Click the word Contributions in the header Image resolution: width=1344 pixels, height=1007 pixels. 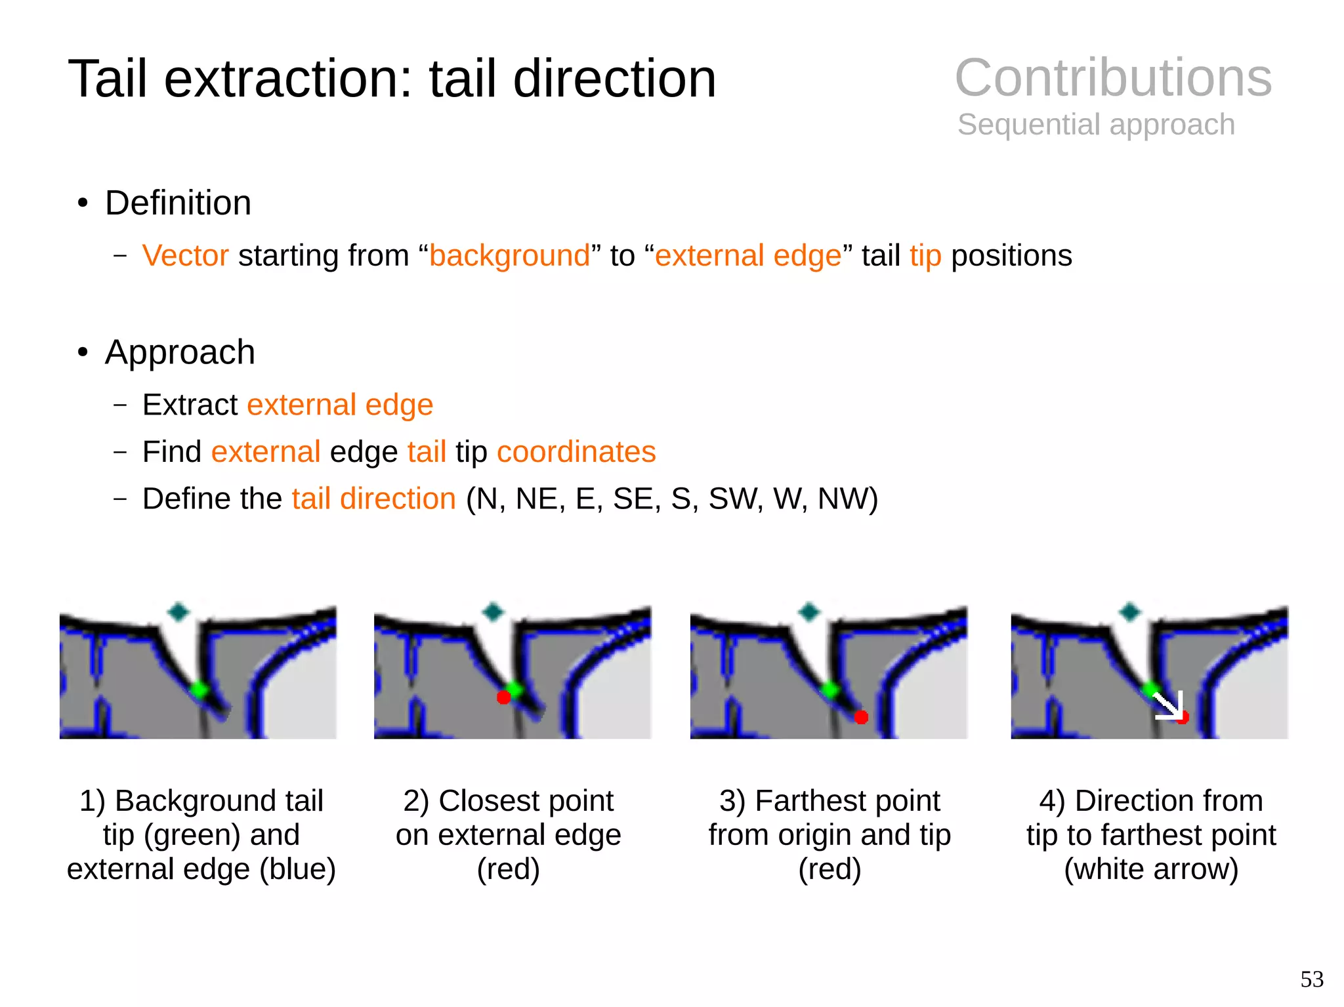point(1113,78)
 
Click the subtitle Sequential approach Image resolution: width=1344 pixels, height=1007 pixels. point(1096,125)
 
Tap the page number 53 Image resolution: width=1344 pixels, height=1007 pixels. point(1312,979)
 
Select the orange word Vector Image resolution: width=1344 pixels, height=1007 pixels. point(185,256)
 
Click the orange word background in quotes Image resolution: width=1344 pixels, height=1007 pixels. point(510,256)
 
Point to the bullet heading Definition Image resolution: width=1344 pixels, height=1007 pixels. point(178,203)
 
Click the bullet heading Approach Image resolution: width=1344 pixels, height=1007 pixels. point(180,352)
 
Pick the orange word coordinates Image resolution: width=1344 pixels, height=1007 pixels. point(576,452)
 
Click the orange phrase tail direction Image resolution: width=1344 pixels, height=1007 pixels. point(373,499)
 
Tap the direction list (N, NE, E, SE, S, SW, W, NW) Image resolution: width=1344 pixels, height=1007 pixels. point(671,499)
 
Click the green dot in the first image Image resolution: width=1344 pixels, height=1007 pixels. point(199,689)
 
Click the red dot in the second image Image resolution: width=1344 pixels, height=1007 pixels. point(503,697)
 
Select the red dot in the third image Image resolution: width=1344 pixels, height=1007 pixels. point(862,717)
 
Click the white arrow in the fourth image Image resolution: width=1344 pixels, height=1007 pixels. point(1169,706)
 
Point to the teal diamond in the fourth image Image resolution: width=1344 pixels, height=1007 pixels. point(1130,612)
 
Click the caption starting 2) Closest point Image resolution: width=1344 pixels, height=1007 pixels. point(508,834)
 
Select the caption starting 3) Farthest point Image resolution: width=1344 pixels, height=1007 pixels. point(829,834)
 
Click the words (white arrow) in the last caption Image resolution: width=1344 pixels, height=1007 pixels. point(1151,869)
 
